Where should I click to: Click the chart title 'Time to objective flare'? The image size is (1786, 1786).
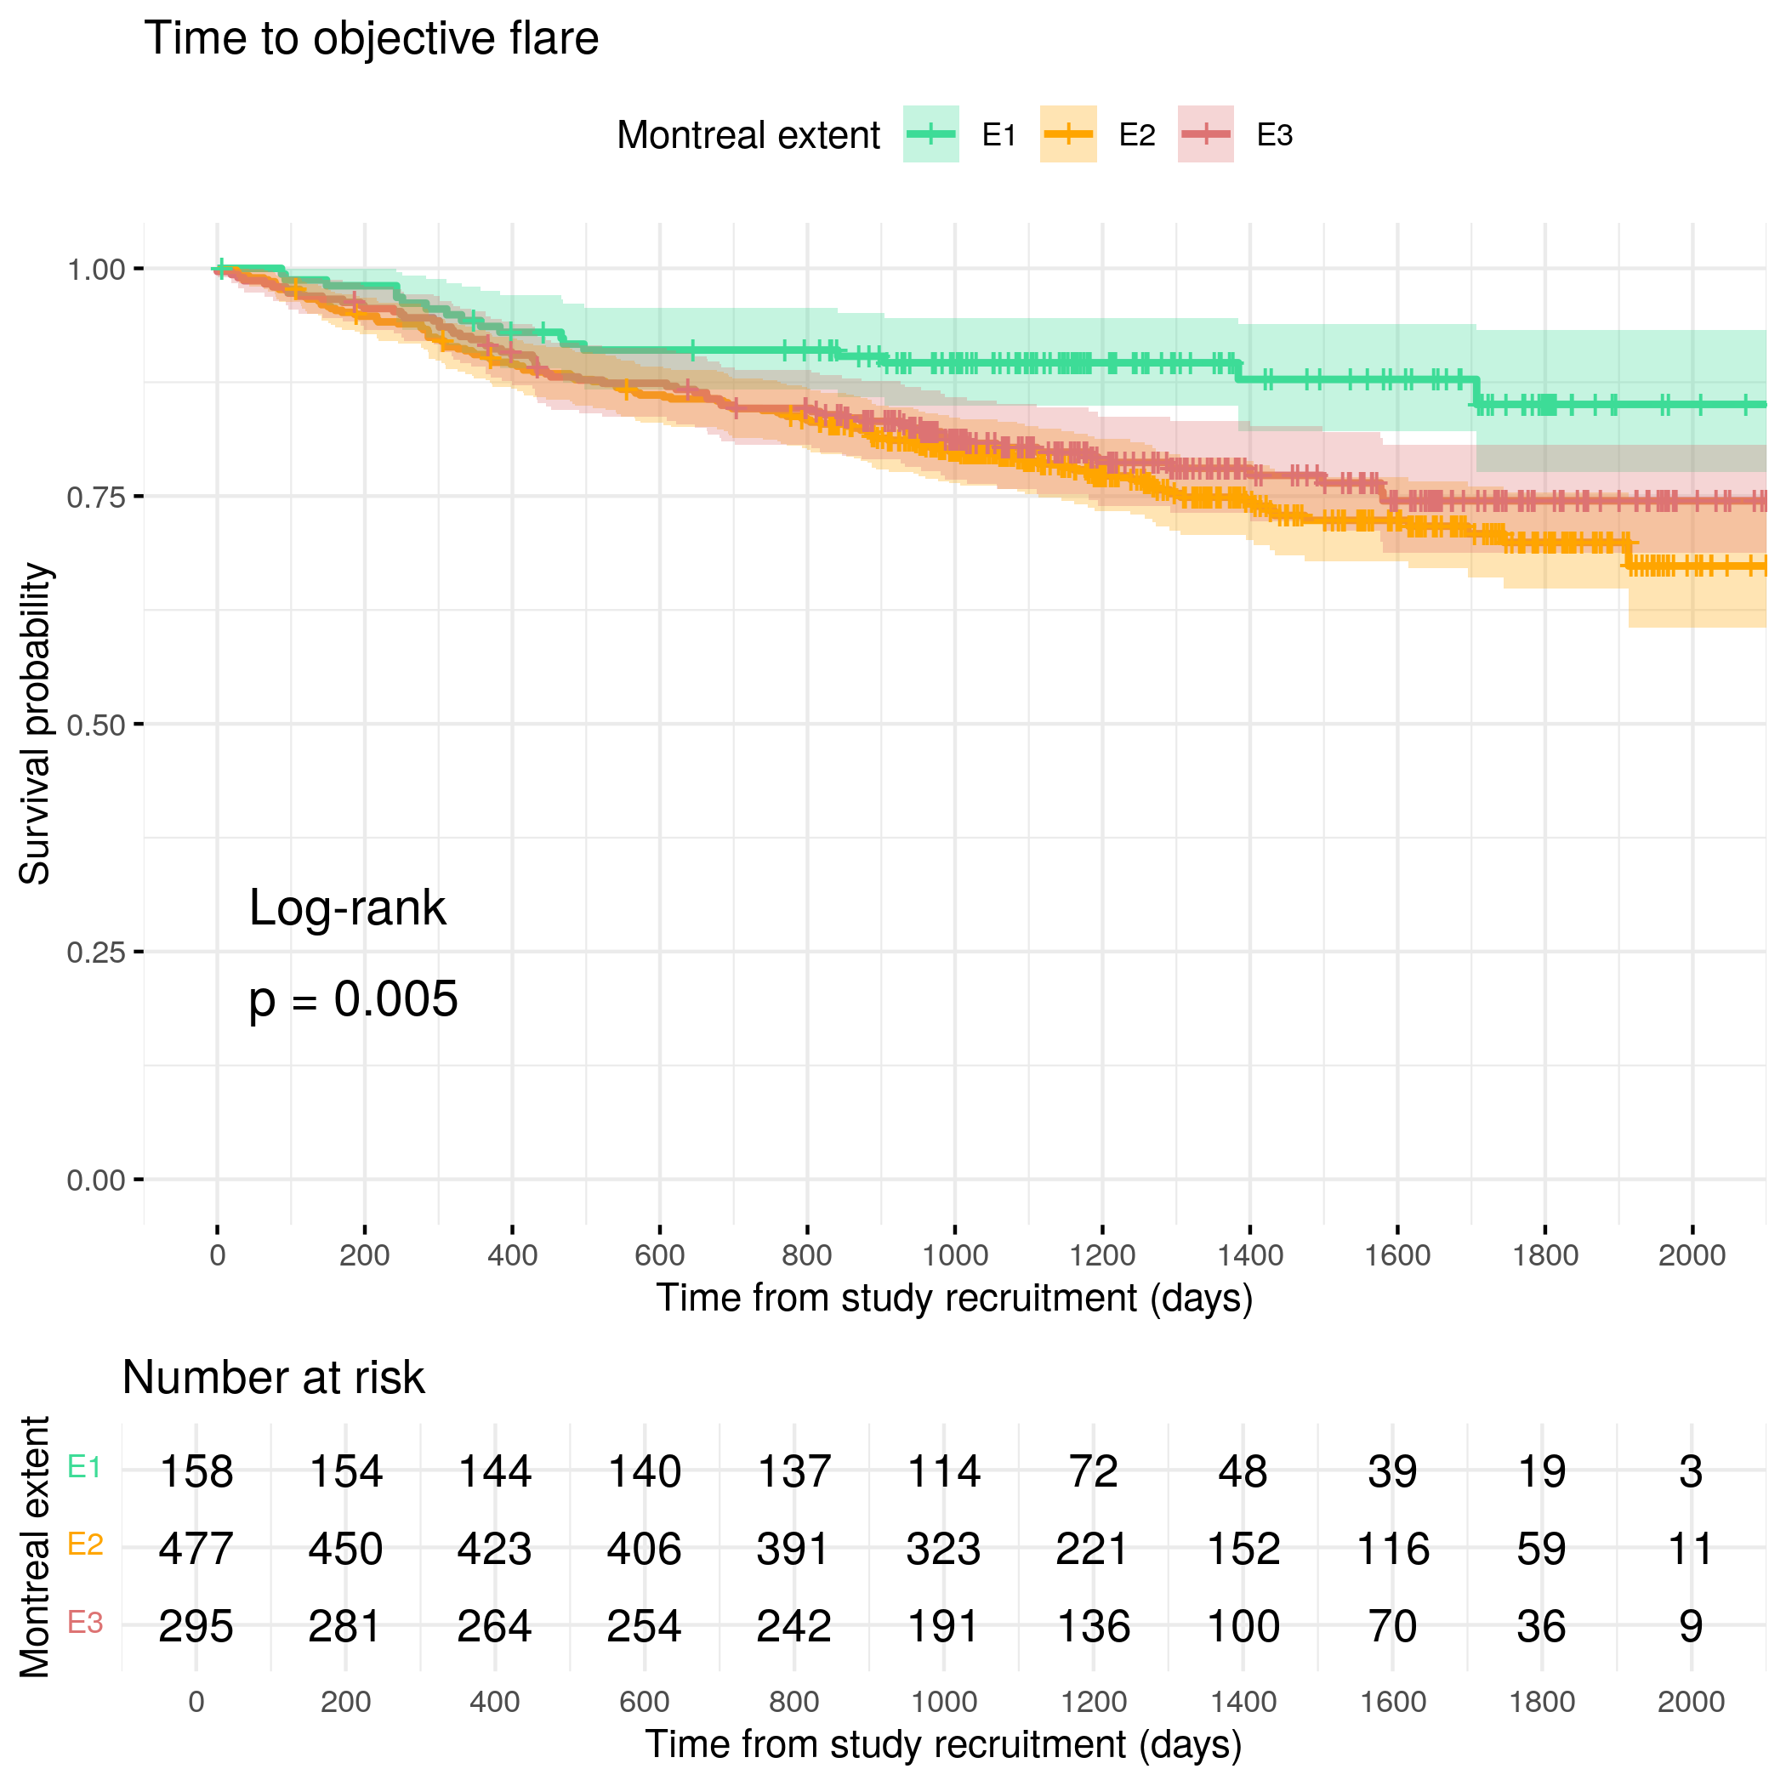[x=372, y=39]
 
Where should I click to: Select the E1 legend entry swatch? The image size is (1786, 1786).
[x=931, y=135]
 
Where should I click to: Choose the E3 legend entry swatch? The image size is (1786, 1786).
[x=1205, y=135]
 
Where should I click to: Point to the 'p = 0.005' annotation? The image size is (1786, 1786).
[x=353, y=1000]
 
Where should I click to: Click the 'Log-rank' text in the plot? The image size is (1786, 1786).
[x=348, y=907]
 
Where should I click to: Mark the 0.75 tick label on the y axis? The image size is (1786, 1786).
[x=95, y=498]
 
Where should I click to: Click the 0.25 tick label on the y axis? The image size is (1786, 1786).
[x=95, y=953]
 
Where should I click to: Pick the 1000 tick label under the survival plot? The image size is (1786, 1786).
[x=954, y=1255]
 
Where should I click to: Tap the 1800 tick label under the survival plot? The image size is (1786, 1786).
[x=1544, y=1255]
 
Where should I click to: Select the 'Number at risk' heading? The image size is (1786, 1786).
[x=274, y=1378]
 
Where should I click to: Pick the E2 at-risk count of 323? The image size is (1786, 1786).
[x=943, y=1550]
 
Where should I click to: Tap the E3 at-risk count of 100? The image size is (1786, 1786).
[x=1243, y=1627]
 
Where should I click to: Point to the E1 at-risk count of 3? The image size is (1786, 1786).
[x=1691, y=1471]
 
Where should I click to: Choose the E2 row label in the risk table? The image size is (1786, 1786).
[x=85, y=1544]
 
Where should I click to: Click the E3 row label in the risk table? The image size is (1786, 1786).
[x=85, y=1622]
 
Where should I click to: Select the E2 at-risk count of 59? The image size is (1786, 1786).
[x=1541, y=1550]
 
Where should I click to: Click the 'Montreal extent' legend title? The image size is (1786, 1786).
[x=748, y=135]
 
